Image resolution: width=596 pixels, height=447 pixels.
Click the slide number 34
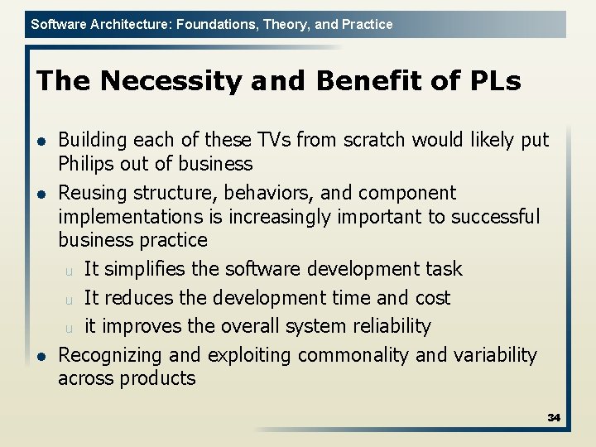pos(554,417)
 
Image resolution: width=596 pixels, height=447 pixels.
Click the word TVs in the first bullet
pos(274,140)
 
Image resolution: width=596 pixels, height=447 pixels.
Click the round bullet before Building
pos(41,141)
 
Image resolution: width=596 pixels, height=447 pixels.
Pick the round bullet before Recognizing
pos(41,356)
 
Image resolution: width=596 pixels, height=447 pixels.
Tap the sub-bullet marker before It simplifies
pos(70,271)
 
